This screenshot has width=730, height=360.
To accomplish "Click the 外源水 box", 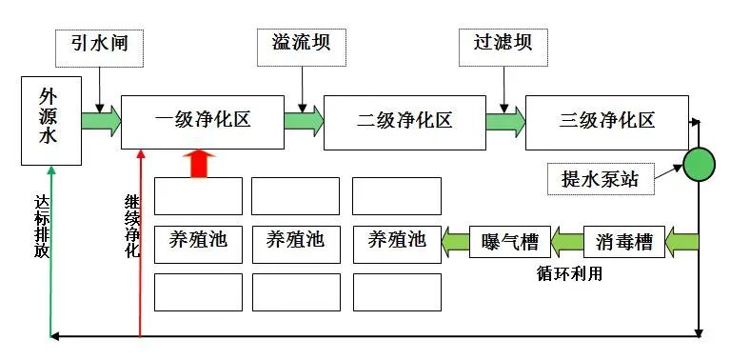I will (x=48, y=118).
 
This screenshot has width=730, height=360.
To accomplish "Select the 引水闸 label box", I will (x=99, y=45).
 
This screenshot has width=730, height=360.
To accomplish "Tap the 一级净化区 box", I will (x=203, y=121).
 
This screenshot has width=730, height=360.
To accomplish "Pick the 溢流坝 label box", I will (x=294, y=45).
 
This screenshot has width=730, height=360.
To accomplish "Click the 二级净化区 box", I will (x=404, y=122).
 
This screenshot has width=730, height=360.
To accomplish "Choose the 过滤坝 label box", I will (x=503, y=45).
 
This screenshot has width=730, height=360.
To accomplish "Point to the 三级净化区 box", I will (x=606, y=121).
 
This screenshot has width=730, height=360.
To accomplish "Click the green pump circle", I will (x=700, y=163).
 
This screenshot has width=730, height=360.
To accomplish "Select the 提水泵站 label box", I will (x=602, y=178).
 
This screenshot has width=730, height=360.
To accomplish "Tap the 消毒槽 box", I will (x=618, y=241).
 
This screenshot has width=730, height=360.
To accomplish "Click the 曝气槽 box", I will (x=512, y=241).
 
